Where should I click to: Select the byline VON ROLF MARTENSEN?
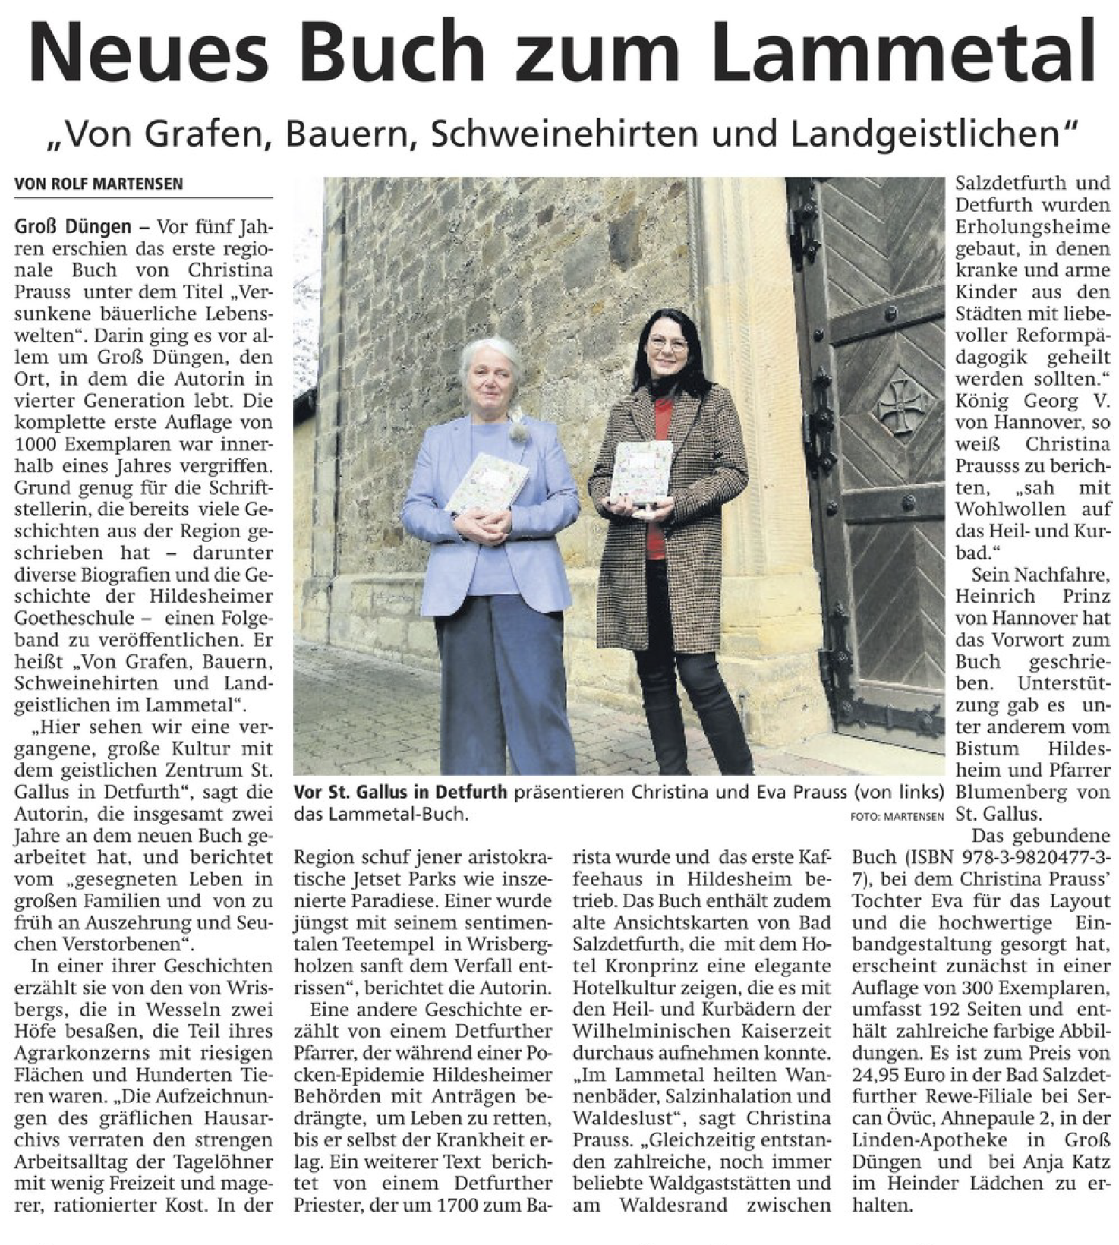[99, 184]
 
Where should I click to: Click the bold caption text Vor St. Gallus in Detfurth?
[400, 793]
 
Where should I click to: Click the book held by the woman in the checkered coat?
[641, 471]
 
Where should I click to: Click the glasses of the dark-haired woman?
[667, 342]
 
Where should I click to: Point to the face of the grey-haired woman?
[493, 381]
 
